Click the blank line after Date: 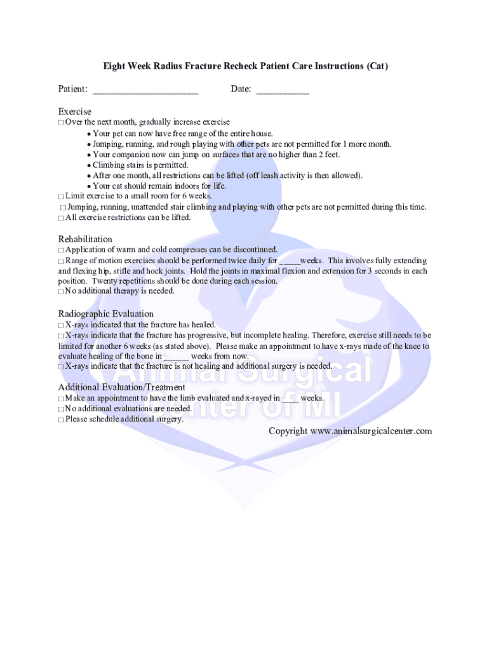(283, 91)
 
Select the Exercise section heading (75, 112)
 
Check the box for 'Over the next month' (61, 122)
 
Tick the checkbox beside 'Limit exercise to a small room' (61, 196)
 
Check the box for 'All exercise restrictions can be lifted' (61, 218)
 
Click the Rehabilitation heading (85, 240)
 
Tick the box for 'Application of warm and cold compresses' (61, 250)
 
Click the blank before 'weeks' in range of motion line (290, 261)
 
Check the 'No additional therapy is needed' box (61, 292)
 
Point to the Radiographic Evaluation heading (106, 314)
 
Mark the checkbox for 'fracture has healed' (61, 325)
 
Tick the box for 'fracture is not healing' (61, 367)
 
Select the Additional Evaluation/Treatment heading (122, 387)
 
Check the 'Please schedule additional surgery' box (61, 420)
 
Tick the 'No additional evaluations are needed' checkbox (61, 409)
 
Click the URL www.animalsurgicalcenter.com (371, 431)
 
